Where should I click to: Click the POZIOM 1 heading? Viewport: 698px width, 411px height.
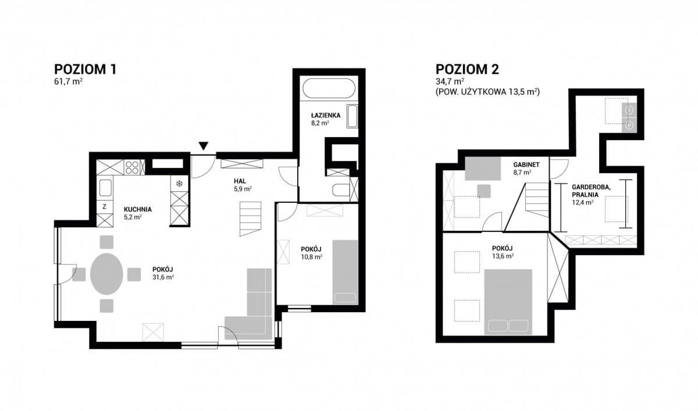86,69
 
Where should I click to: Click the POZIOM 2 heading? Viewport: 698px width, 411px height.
467,69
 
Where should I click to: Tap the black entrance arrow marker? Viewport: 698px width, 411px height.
204,146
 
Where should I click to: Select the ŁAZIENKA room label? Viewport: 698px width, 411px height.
326,115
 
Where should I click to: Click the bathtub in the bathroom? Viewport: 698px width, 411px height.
329,88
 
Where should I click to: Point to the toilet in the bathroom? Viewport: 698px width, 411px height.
341,190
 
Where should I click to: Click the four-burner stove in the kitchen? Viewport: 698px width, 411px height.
132,167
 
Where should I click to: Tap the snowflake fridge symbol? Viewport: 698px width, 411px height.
179,184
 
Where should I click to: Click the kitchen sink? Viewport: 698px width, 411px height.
105,188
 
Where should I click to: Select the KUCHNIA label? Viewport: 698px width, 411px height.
138,209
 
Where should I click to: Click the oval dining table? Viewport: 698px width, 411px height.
106,274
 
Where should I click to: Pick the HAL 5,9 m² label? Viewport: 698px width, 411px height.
243,185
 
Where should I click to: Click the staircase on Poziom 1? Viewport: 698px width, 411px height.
250,219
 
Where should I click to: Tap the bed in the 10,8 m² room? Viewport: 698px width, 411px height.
345,272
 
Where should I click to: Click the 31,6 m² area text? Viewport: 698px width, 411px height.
163,277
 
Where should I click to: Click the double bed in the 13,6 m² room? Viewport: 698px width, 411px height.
508,302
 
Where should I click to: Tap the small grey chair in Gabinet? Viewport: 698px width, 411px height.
484,191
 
